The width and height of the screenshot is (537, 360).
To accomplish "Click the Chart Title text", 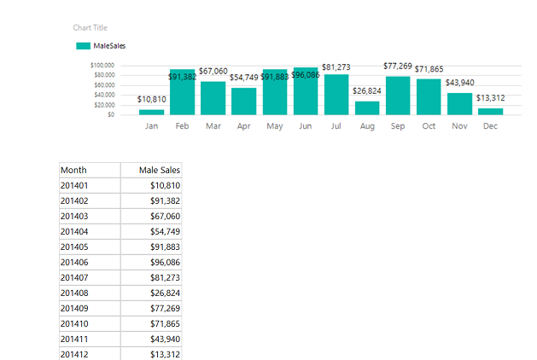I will [90, 28].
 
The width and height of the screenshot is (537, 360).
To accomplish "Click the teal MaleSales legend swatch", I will [82, 46].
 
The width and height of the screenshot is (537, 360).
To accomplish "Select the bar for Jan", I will [152, 112].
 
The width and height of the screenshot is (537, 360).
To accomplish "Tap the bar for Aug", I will [367, 107].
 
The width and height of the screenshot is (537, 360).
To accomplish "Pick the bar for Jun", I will [306, 91].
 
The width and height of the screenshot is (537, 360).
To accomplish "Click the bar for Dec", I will [490, 111].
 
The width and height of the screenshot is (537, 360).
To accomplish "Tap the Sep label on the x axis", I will [397, 125].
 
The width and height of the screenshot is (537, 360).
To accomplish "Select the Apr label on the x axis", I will [243, 125].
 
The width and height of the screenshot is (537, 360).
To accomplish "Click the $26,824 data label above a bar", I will [367, 90].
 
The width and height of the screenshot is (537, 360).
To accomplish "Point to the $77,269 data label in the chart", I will [398, 66].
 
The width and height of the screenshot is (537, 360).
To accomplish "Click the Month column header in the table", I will [73, 170].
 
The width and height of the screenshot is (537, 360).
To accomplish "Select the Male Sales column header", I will [161, 170].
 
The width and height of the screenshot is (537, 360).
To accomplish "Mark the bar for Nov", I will [459, 103].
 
